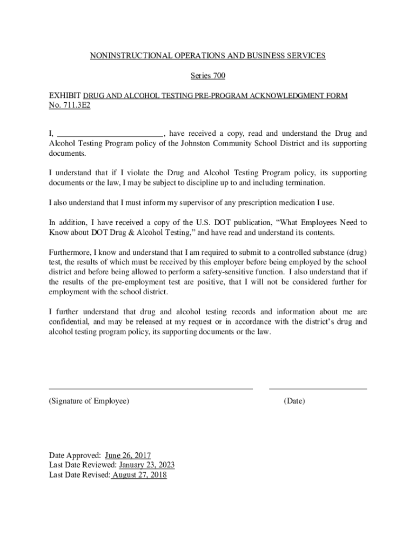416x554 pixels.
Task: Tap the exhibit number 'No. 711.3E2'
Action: [x=69, y=105]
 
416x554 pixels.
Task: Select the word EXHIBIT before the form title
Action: [x=65, y=96]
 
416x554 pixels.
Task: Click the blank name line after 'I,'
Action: [x=110, y=134]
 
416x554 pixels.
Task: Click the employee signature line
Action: [x=151, y=388]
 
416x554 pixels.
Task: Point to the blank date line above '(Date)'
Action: [x=318, y=388]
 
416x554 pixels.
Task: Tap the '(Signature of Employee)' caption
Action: [x=89, y=401]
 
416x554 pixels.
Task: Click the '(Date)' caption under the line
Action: [x=294, y=401]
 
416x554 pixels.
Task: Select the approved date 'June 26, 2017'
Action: [x=128, y=456]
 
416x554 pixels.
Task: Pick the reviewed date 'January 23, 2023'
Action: [x=147, y=465]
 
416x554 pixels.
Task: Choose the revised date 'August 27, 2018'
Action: [x=139, y=475]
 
